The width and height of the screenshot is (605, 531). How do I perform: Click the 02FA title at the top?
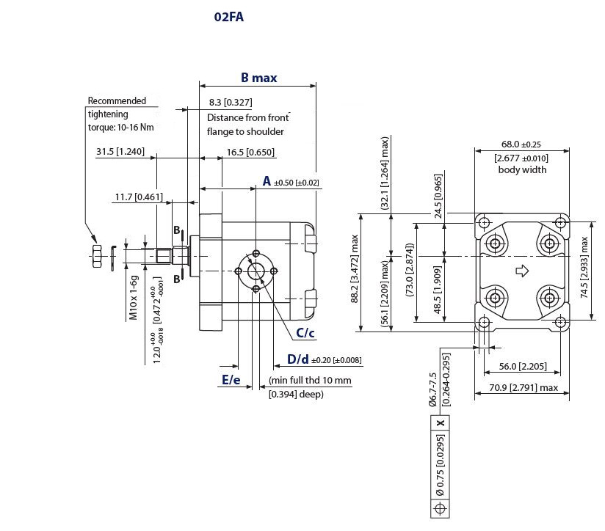(229, 18)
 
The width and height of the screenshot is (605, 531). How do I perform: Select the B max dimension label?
(259, 78)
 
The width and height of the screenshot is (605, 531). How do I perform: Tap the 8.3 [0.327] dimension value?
(231, 103)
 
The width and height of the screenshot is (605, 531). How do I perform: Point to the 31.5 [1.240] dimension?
(120, 151)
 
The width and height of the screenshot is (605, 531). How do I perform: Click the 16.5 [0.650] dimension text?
(250, 153)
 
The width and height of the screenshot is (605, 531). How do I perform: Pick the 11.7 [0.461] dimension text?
(139, 197)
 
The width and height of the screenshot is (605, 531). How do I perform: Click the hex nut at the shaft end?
(97, 256)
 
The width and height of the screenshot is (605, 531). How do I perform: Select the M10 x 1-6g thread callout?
(133, 298)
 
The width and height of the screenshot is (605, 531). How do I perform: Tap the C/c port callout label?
(305, 333)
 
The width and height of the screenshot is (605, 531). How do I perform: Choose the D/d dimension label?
(298, 359)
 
